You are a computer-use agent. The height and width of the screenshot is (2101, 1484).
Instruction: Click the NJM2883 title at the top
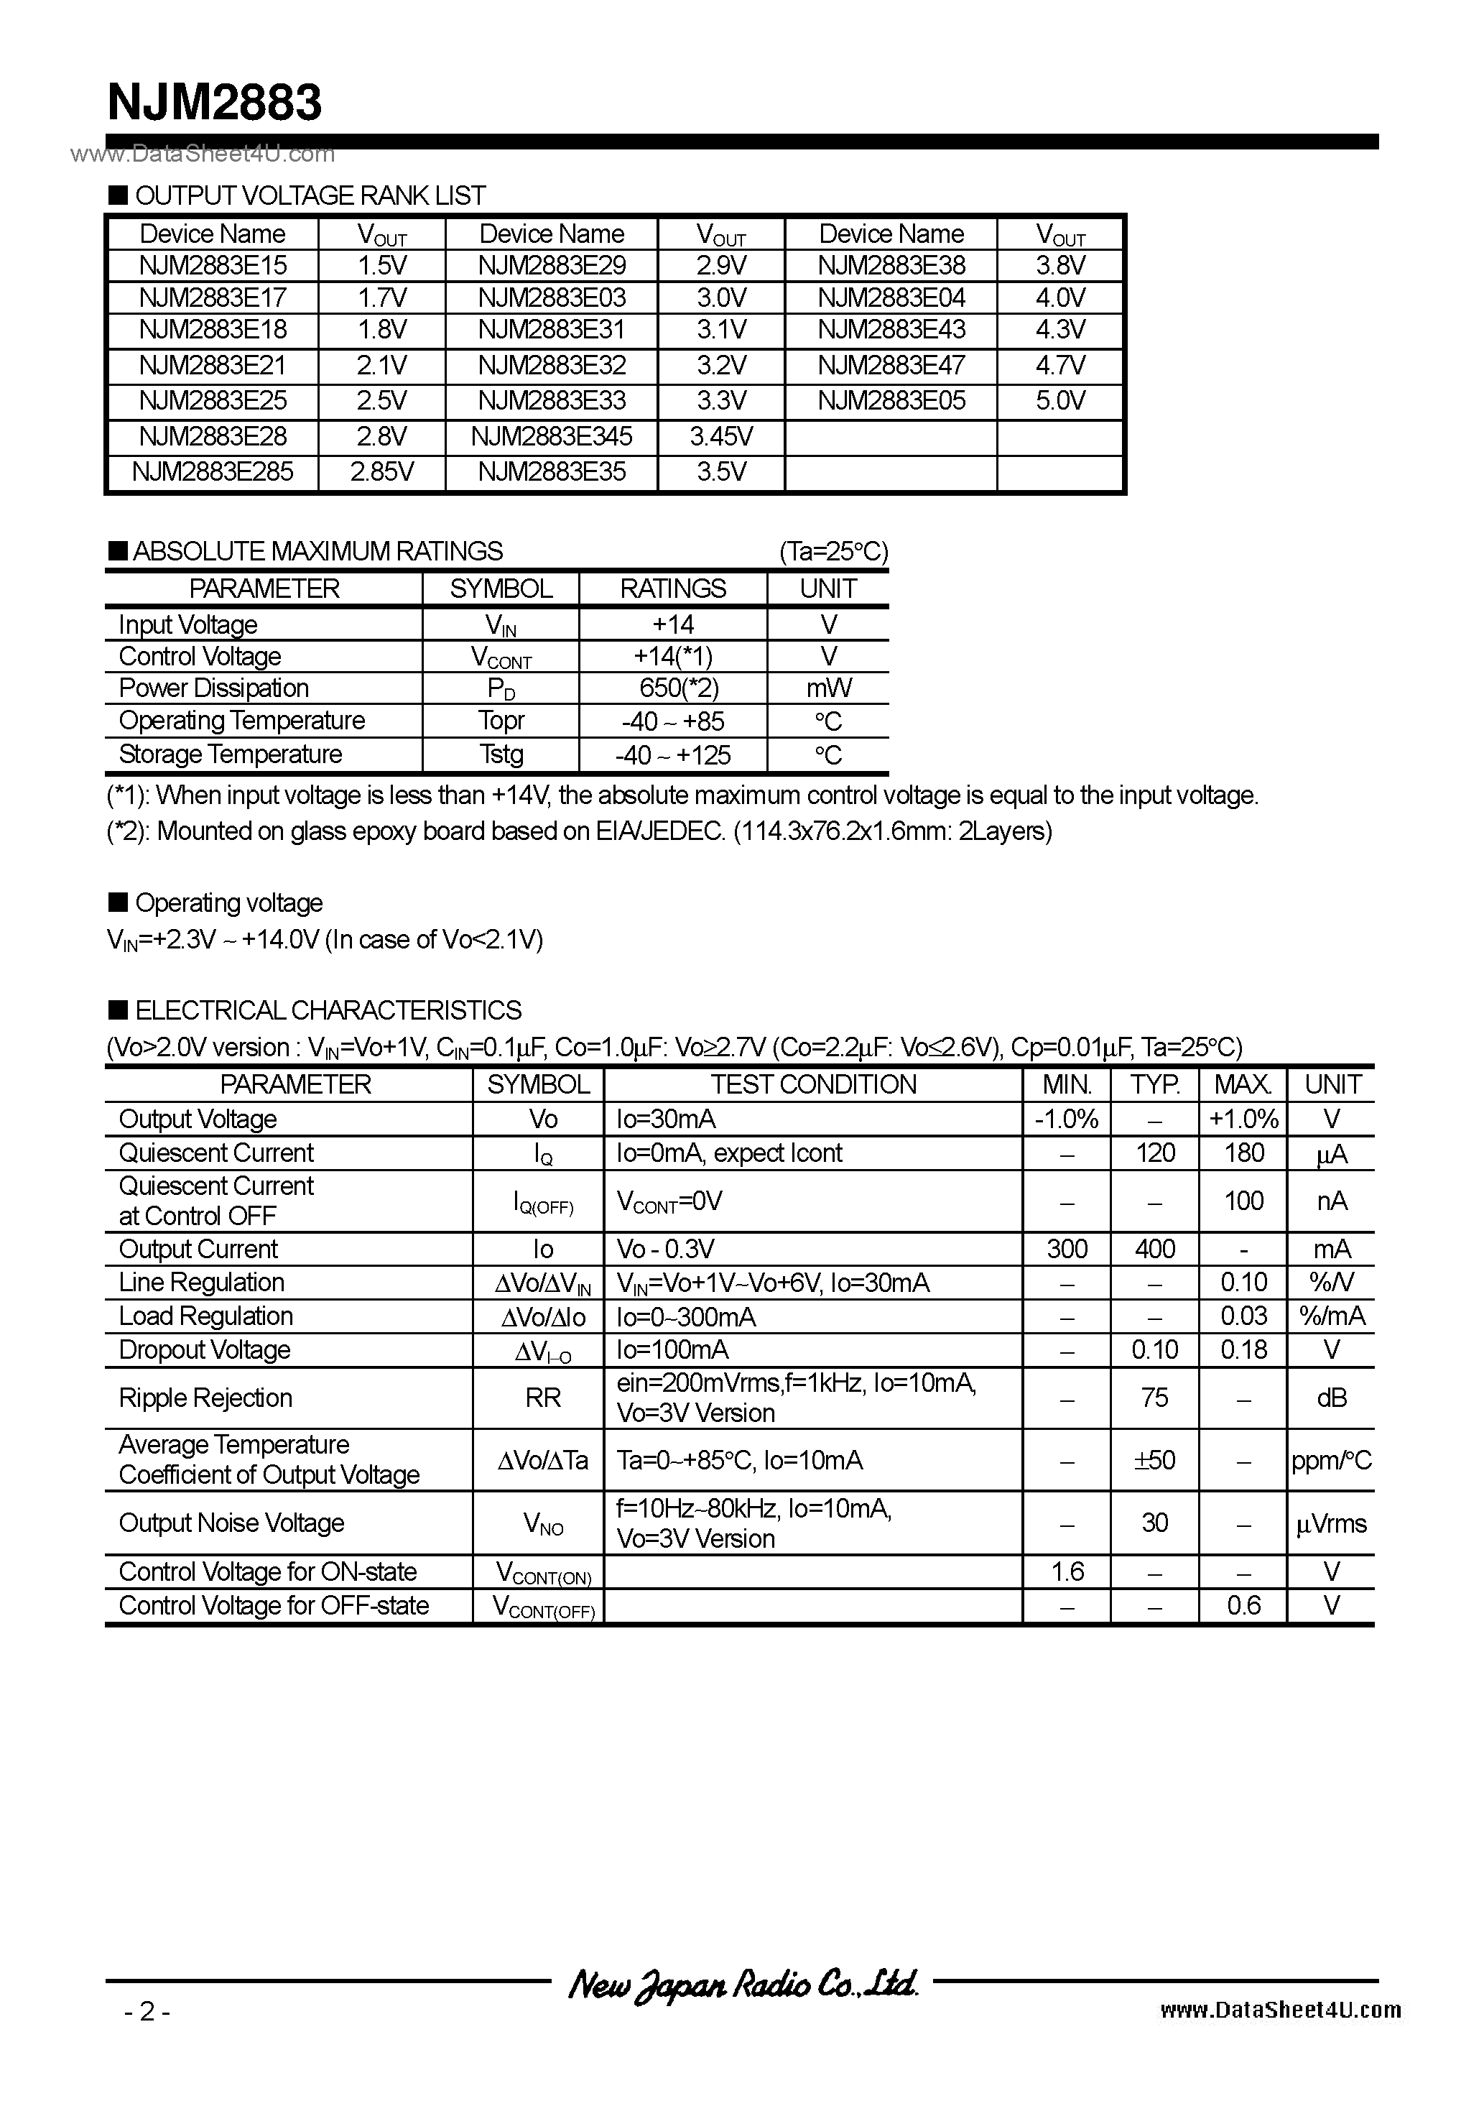click(214, 103)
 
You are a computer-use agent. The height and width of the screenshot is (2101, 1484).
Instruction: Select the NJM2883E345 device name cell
click(552, 436)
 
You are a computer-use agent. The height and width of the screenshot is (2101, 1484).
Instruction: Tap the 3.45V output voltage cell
click(721, 436)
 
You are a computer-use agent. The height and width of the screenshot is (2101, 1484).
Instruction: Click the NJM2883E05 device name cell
click(891, 401)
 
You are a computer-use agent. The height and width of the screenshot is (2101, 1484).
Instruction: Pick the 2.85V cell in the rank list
click(381, 471)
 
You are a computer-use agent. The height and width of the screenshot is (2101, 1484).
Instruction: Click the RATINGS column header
click(672, 588)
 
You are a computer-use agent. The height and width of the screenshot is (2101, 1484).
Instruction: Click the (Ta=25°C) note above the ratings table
click(833, 551)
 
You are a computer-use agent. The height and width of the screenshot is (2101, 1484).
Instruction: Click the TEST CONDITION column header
click(812, 1084)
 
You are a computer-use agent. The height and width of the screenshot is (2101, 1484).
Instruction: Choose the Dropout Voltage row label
click(205, 1349)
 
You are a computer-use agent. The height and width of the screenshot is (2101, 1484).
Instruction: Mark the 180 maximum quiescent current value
click(1243, 1153)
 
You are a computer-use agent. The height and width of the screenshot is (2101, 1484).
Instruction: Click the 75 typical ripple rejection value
click(1154, 1398)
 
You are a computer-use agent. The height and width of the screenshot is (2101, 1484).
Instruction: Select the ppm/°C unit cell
click(1331, 1461)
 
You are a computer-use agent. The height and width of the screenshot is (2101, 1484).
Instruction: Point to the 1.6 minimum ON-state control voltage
click(1067, 1571)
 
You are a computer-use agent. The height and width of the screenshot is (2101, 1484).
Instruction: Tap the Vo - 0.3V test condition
click(665, 1249)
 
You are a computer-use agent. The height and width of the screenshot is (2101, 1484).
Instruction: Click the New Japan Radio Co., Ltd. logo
click(743, 1983)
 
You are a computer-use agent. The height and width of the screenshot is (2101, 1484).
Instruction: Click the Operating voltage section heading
click(228, 903)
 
